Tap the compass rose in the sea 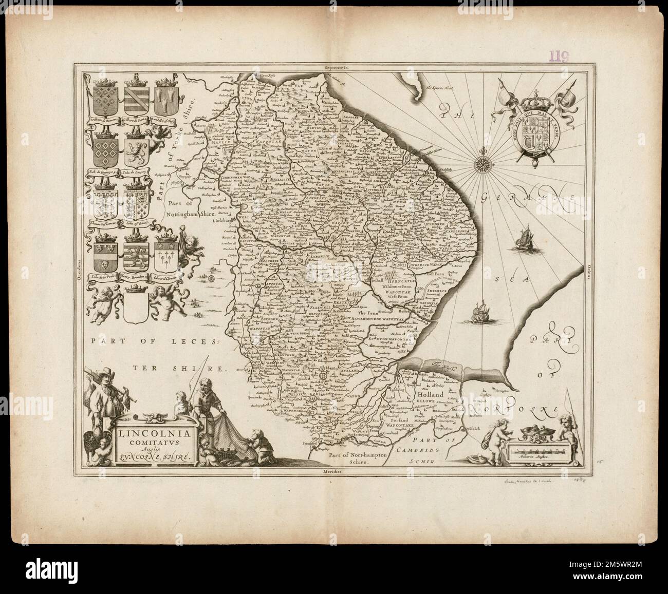click(484, 165)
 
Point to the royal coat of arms click(540, 127)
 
